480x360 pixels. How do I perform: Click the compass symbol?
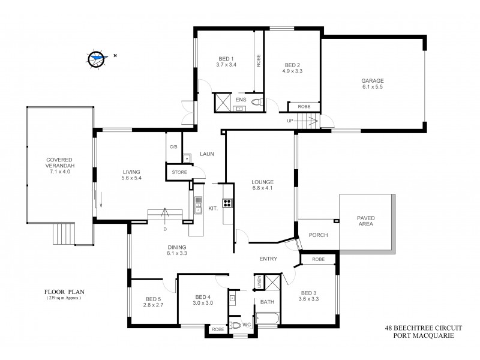coord(96,58)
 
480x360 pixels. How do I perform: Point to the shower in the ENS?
coord(223,102)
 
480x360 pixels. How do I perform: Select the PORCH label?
coord(318,235)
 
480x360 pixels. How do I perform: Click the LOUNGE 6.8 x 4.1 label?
coord(262,185)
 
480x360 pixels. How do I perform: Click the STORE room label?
coord(179,172)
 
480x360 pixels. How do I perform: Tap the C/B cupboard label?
coord(173,146)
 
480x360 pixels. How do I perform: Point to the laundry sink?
coord(187,158)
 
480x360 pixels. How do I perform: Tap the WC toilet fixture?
coord(236,325)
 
